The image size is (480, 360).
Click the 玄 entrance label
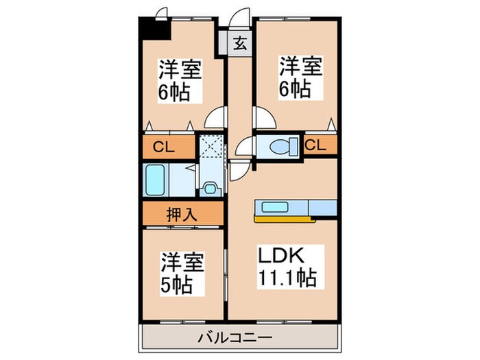click(241, 44)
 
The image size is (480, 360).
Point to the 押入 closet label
click(182, 214)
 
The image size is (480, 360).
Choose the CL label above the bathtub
click(163, 146)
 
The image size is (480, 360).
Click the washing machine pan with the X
click(210, 146)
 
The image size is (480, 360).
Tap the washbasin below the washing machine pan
click(210, 185)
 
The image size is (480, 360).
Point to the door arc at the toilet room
click(243, 145)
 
